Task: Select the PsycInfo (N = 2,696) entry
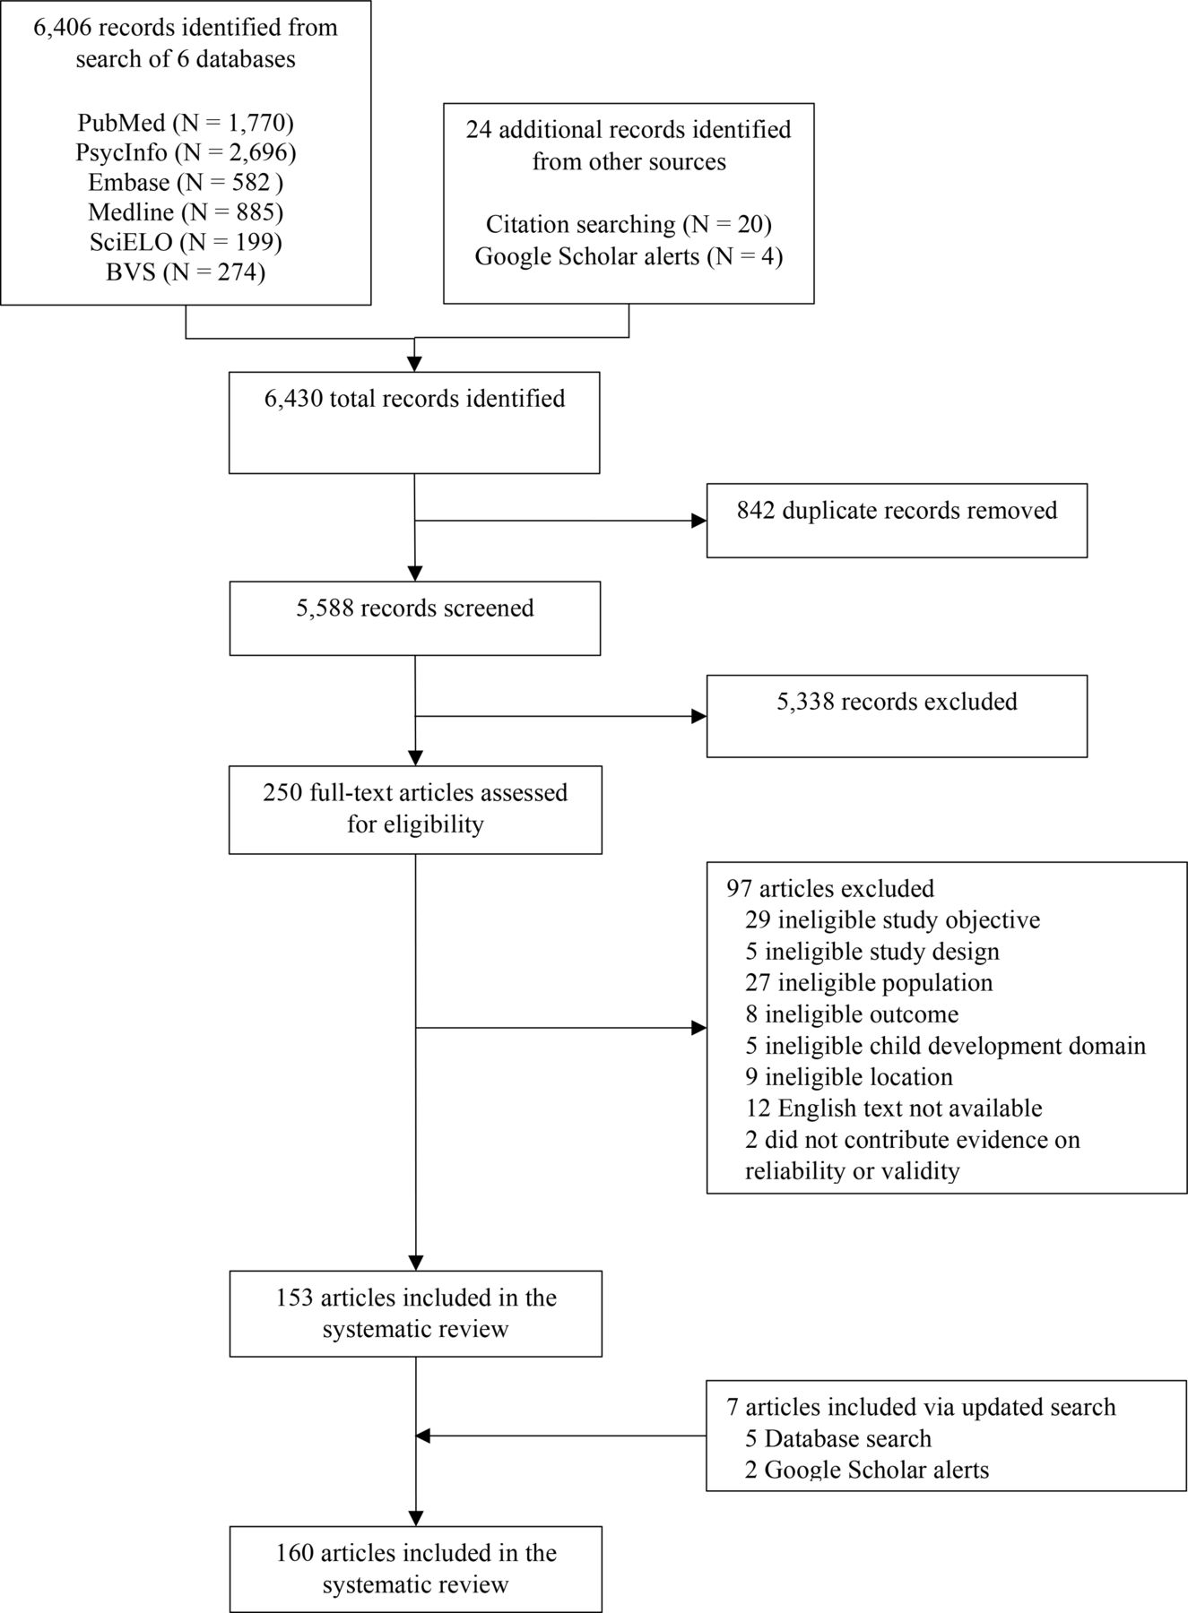tap(186, 151)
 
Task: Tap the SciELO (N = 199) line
tap(186, 241)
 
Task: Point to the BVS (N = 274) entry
tap(186, 271)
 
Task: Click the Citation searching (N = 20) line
tap(629, 223)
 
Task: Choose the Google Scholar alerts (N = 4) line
tap(629, 256)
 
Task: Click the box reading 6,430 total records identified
tap(414, 423)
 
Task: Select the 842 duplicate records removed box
tap(897, 521)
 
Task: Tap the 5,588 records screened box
tap(414, 618)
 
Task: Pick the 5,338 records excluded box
tap(897, 716)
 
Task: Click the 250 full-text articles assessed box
tap(415, 809)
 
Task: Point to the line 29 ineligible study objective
tap(892, 919)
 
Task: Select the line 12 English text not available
tap(893, 1108)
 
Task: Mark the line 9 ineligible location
tap(848, 1076)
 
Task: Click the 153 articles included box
tap(415, 1314)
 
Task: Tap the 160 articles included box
tap(415, 1569)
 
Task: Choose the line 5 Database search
tap(837, 1438)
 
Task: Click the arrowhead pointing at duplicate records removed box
tap(698, 521)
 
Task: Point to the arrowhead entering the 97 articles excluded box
tap(698, 1029)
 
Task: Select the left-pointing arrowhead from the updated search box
tap(423, 1436)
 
